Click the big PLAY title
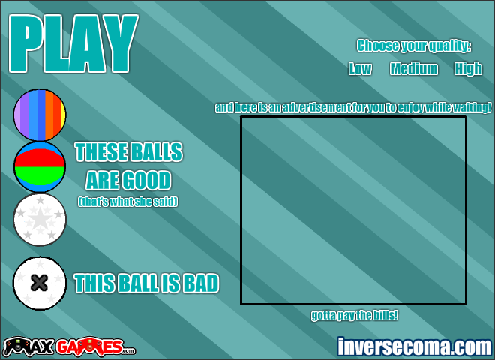73,43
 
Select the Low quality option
360,68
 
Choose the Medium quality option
414,68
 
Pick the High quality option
468,69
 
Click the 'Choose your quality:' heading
414,46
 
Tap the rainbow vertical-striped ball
40,115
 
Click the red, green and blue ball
40,167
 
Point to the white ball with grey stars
40,220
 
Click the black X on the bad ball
40,283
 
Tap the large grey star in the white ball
40,219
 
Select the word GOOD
146,181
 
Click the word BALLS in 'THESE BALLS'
157,152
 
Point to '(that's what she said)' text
127,202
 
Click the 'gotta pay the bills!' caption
354,315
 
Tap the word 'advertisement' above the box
316,108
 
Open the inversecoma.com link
414,346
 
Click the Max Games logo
70,346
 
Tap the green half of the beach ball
40,175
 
